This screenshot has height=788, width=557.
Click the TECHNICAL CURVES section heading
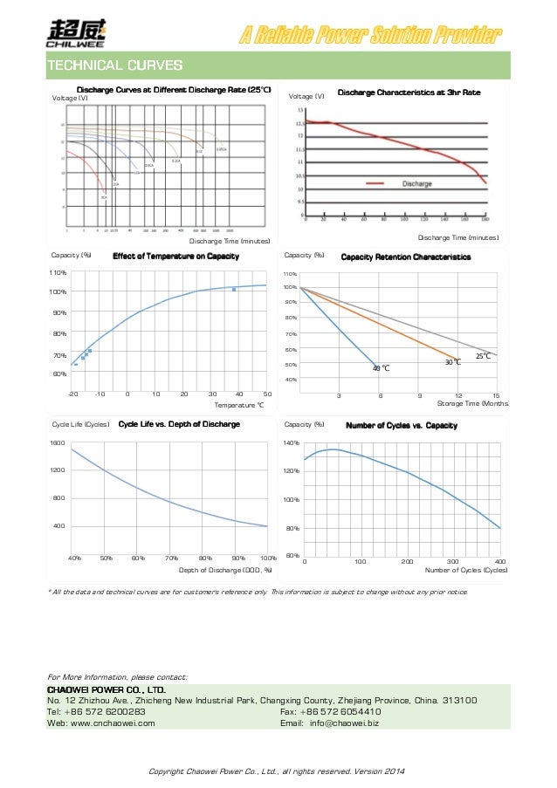(114, 65)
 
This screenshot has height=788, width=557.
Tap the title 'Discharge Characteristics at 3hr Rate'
(409, 92)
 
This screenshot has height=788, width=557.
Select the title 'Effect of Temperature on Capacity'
(175, 257)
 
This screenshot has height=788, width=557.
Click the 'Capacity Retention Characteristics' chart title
(405, 257)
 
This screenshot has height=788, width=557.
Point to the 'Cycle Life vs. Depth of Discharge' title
(178, 425)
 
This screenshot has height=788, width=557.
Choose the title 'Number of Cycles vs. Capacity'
(402, 425)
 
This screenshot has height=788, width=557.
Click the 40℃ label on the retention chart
(381, 368)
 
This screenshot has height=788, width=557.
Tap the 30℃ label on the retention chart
(452, 361)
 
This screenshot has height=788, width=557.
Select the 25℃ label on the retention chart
(484, 356)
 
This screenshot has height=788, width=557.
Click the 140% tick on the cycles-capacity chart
(292, 443)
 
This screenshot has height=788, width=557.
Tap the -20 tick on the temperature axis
(72, 394)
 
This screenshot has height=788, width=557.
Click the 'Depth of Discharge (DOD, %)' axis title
(225, 570)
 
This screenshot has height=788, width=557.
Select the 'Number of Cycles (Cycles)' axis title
(466, 570)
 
